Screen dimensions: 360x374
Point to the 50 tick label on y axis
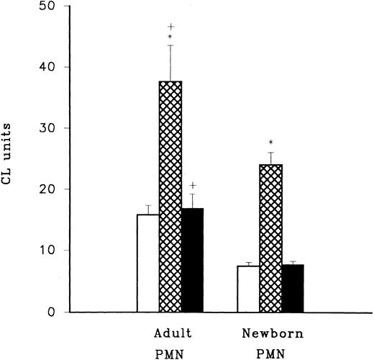[52, 6]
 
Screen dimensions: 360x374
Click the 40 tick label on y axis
[52, 67]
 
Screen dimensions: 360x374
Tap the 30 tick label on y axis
[52, 128]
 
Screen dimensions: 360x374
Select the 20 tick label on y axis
[52, 189]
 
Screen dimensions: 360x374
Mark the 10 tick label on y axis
[52, 251]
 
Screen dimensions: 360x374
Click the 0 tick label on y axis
[56, 312]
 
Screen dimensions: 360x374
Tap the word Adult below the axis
[170, 336]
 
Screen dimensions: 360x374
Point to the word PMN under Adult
[170, 354]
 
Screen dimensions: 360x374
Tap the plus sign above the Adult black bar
[193, 185]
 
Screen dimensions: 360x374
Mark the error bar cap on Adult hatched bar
[170, 45]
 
